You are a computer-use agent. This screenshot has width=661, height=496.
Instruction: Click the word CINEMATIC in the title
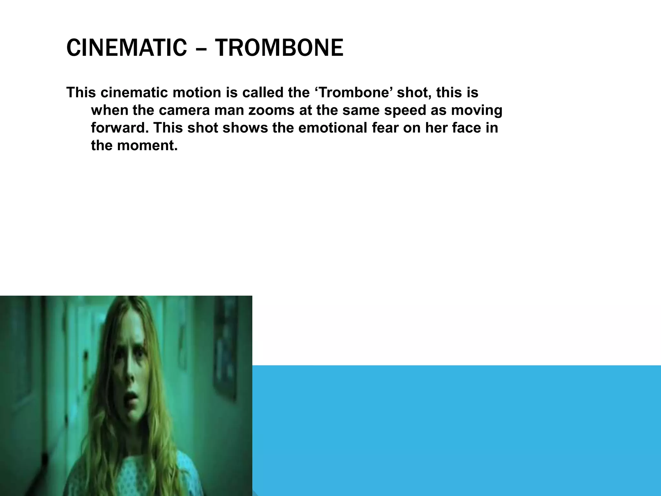point(126,48)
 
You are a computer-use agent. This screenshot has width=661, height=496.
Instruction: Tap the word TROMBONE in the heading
point(279,48)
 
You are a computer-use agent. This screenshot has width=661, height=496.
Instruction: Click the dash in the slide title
point(201,48)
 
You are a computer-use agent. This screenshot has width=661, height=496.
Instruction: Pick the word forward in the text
point(119,128)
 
